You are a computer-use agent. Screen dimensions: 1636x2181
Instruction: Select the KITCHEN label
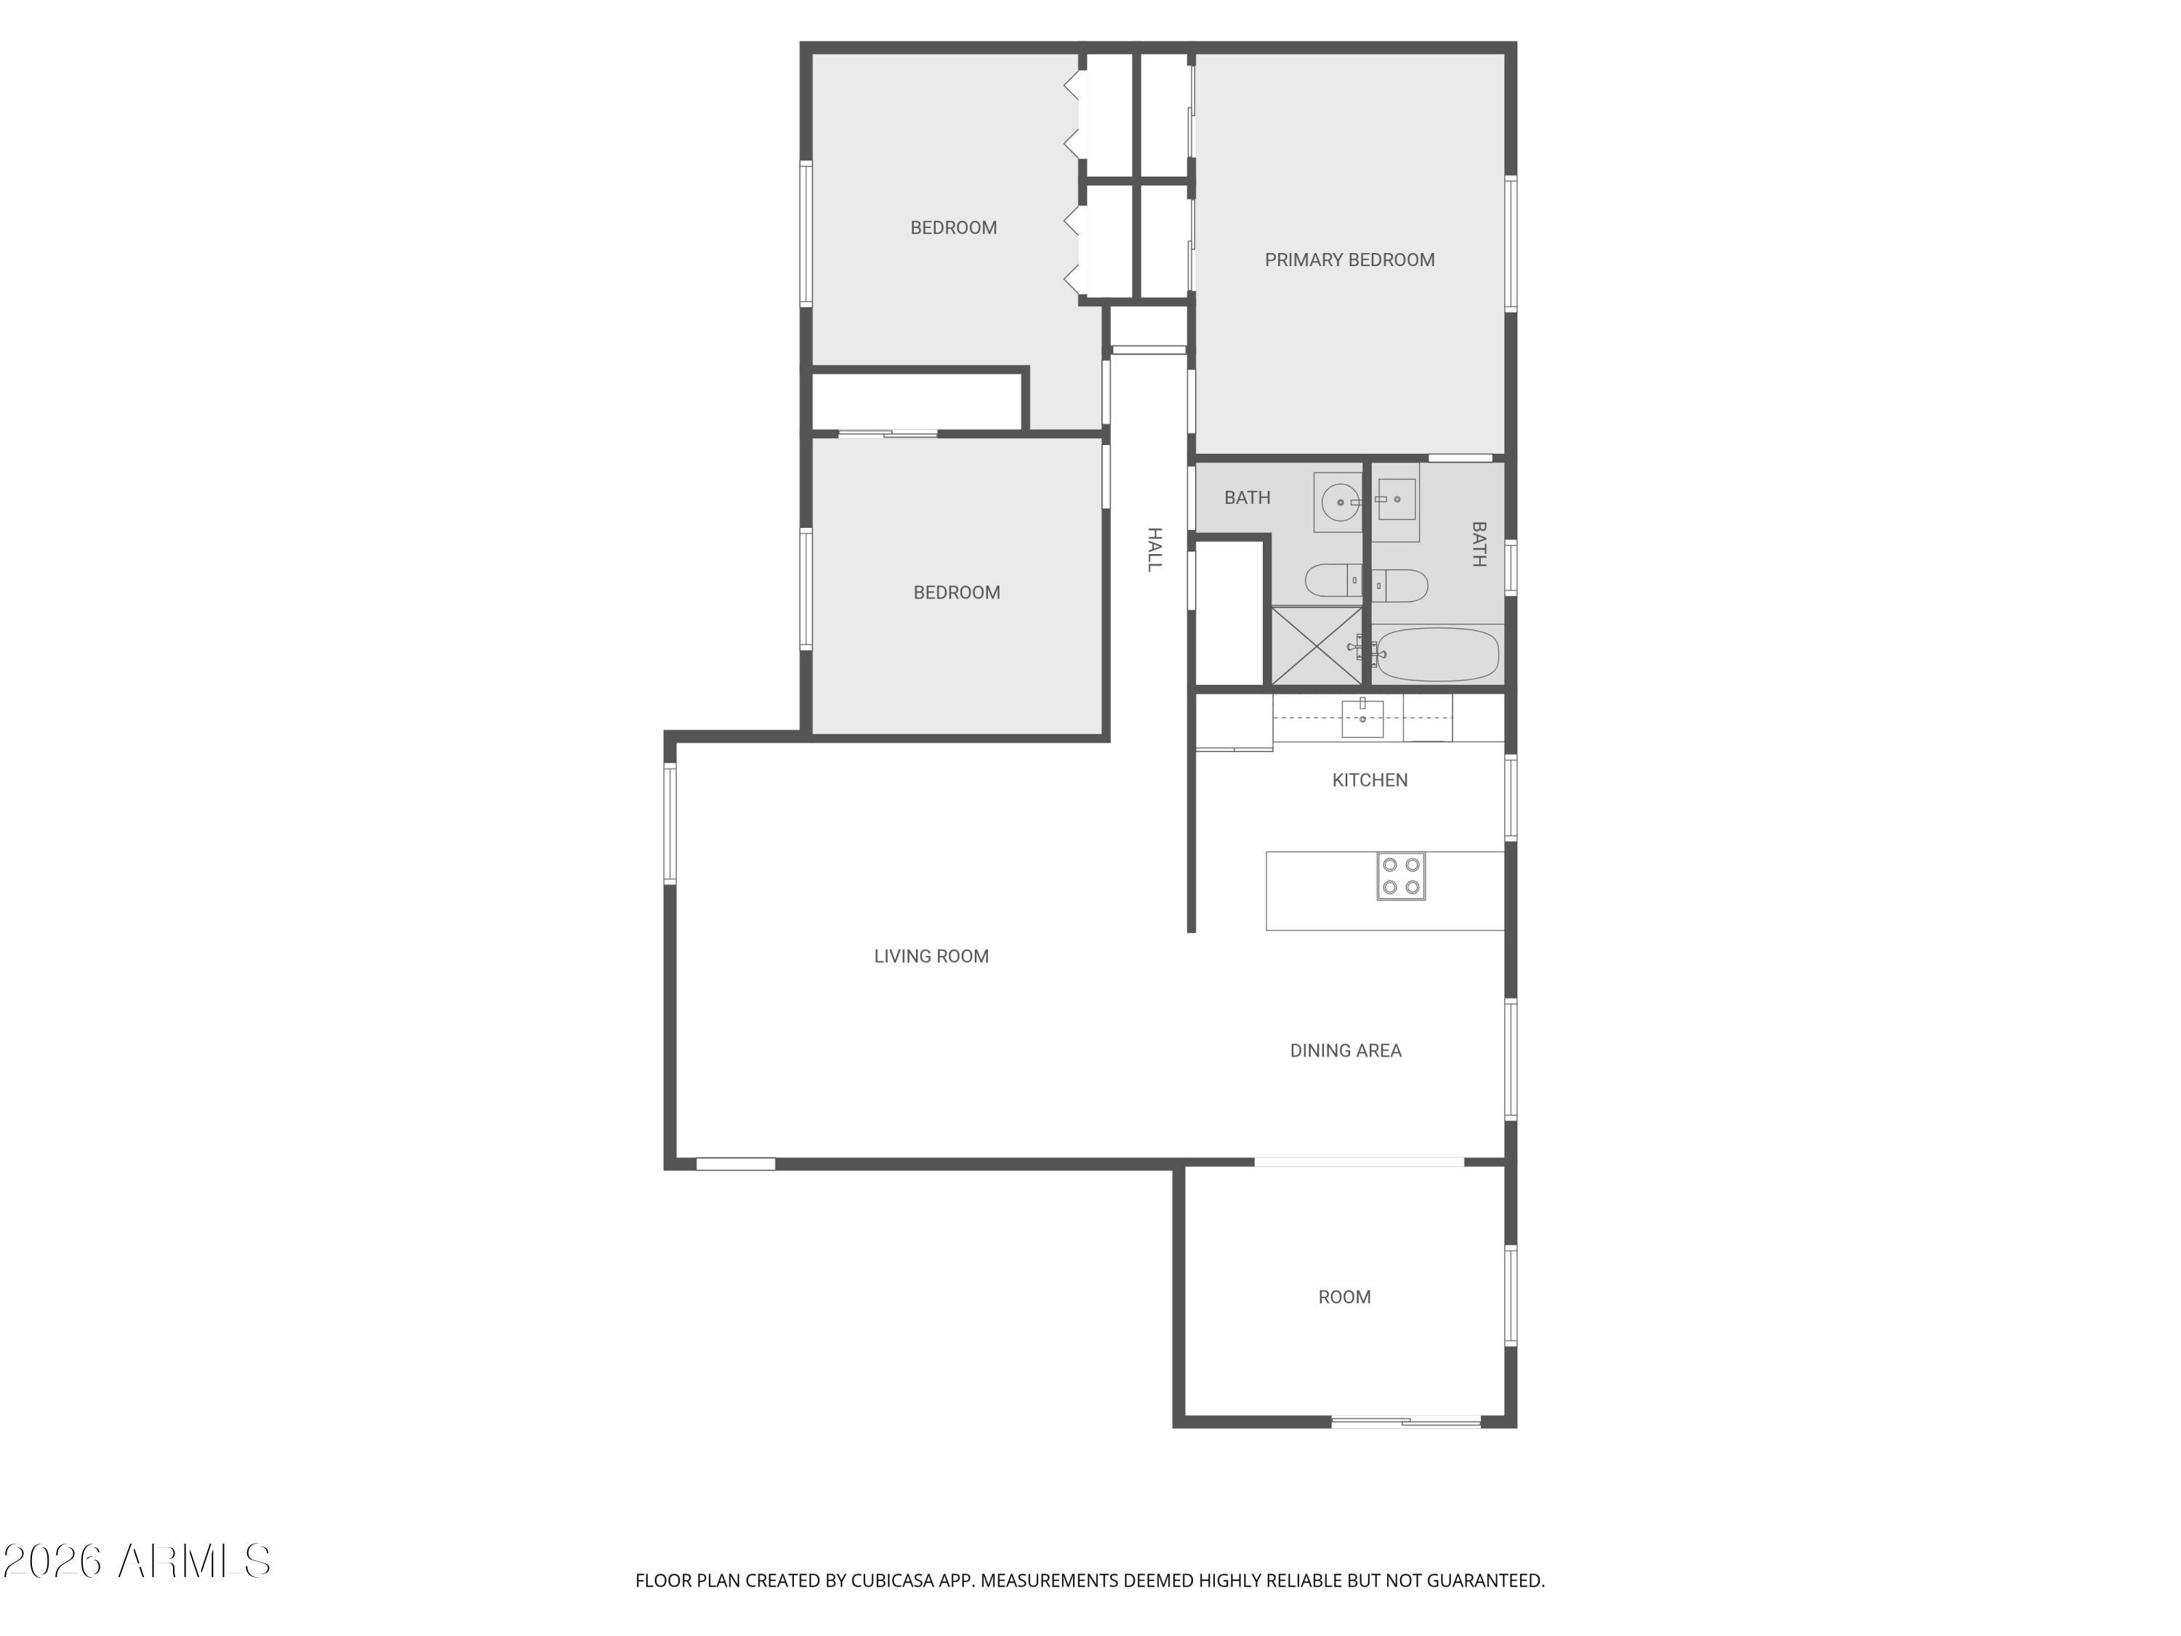click(x=1370, y=780)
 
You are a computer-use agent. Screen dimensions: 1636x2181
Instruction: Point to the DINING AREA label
click(x=1345, y=1050)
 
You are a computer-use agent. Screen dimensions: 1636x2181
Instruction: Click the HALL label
click(x=1154, y=549)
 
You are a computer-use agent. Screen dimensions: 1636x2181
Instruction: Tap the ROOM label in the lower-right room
click(x=1344, y=1296)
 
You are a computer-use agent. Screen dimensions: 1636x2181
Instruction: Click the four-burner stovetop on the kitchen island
click(x=1401, y=875)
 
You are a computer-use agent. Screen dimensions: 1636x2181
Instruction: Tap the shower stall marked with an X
click(x=1317, y=646)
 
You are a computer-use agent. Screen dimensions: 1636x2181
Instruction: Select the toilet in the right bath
click(x=1400, y=586)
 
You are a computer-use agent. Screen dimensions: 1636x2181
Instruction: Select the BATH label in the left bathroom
click(x=1248, y=498)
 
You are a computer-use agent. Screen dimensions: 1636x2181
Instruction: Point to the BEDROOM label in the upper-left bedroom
click(x=952, y=228)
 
